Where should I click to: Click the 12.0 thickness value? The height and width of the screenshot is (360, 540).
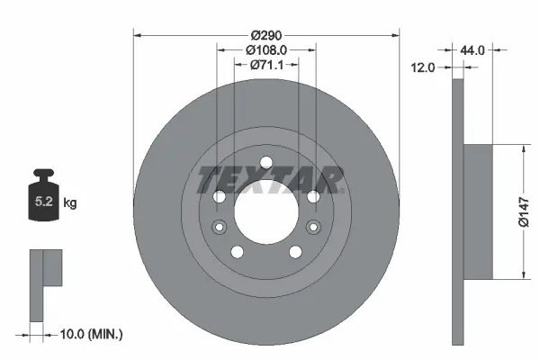(x=424, y=67)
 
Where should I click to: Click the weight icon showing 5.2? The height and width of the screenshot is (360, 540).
(x=43, y=197)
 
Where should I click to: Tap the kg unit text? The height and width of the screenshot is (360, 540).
(x=70, y=203)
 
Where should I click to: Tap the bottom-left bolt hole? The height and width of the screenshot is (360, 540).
(x=236, y=251)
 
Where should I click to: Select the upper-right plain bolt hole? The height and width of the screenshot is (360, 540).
(x=312, y=197)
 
